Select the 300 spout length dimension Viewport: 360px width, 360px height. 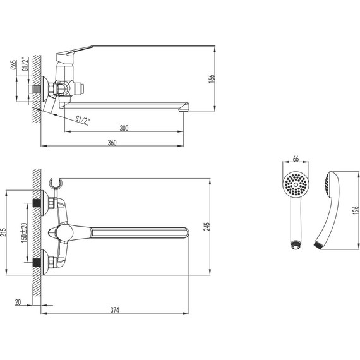click(124, 128)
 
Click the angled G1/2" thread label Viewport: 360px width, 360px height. click(83, 118)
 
